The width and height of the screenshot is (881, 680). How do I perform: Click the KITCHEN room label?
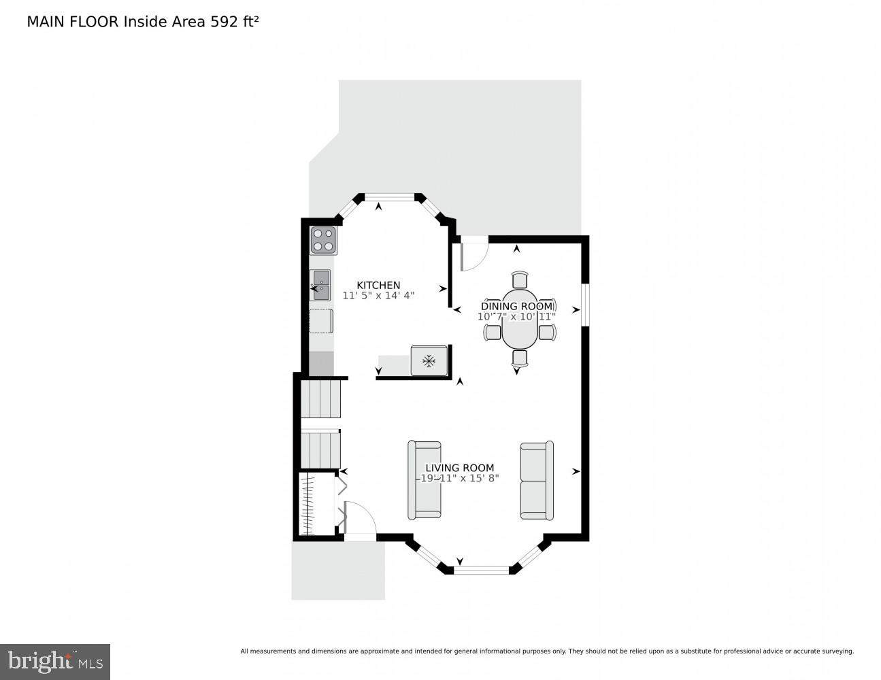pyautogui.click(x=378, y=285)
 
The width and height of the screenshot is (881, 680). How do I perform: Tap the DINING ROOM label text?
pyautogui.click(x=517, y=306)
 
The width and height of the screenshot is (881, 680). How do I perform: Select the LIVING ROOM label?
pyautogui.click(x=460, y=468)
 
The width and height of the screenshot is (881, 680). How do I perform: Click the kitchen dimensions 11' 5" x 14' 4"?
pyautogui.click(x=378, y=296)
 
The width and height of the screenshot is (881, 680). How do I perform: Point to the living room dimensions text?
pyautogui.click(x=460, y=478)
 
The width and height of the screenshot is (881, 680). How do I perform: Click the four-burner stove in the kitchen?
pyautogui.click(x=324, y=241)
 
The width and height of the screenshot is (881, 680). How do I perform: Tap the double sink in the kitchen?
pyautogui.click(x=320, y=285)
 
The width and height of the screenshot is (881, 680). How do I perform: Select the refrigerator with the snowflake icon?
pyautogui.click(x=429, y=360)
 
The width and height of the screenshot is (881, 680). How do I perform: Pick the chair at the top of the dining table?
pyautogui.click(x=520, y=279)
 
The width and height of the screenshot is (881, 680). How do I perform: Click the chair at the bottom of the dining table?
pyautogui.click(x=520, y=358)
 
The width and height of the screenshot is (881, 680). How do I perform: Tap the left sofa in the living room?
pyautogui.click(x=425, y=480)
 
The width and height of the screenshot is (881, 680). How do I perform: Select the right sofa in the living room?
pyautogui.click(x=536, y=480)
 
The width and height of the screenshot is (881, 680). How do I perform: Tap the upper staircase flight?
pyautogui.click(x=320, y=398)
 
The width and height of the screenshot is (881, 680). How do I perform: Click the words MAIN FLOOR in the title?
pyautogui.click(x=73, y=22)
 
